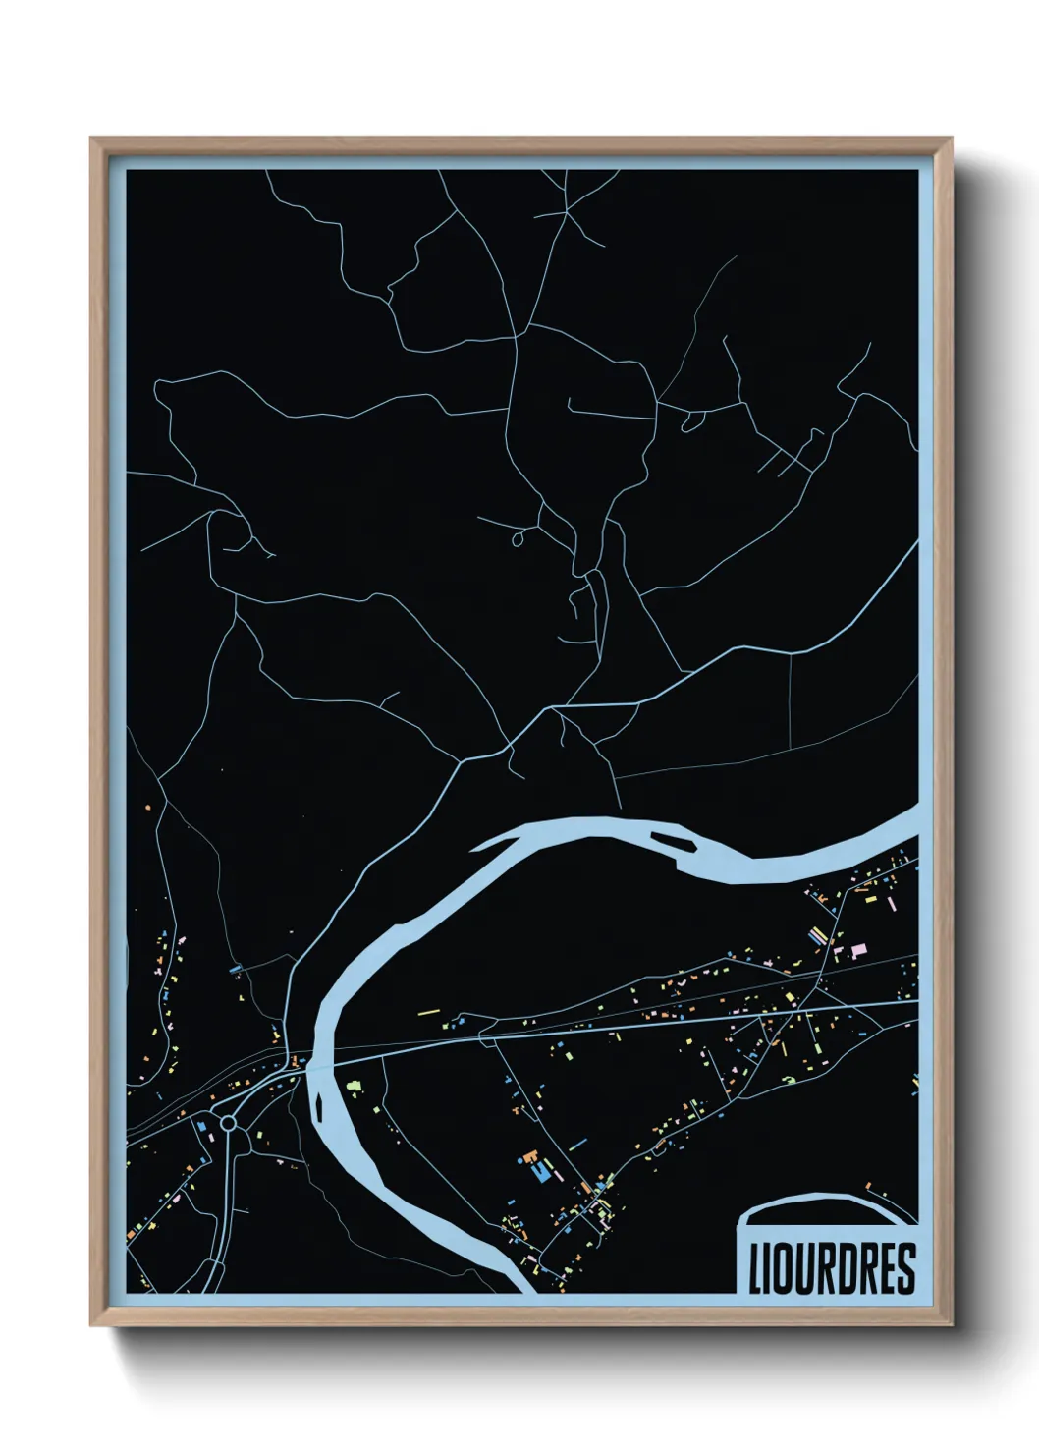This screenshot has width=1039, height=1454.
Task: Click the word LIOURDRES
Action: coord(831,1268)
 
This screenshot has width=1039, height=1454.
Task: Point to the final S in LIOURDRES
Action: coord(906,1268)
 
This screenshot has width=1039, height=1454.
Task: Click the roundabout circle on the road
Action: coord(229,1122)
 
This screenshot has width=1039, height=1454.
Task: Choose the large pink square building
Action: coord(858,949)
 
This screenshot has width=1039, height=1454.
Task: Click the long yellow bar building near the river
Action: coord(428,1012)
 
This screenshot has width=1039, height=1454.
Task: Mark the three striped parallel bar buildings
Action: coord(817,936)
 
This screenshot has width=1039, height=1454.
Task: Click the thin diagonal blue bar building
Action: coord(576,1145)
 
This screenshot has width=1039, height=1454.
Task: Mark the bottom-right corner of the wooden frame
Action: coord(950,1323)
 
